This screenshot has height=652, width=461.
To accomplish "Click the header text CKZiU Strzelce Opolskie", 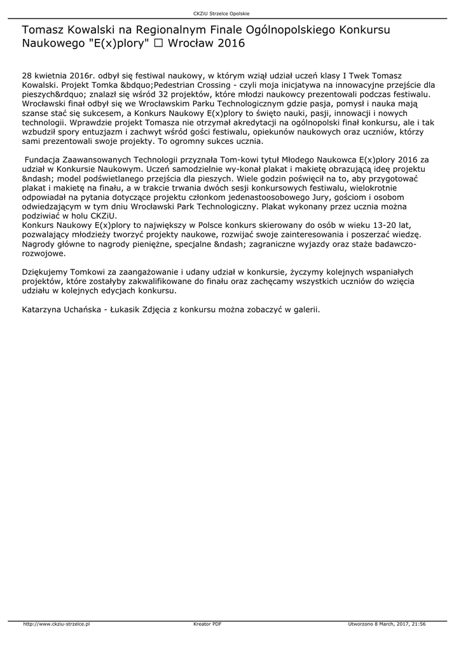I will coord(230,13).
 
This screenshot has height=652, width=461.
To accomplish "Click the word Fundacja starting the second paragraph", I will coord(43,160).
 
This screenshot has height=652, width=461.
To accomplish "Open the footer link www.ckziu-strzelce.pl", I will coord(57,625).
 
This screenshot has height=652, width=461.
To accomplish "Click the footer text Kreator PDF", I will coord(207,625).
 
